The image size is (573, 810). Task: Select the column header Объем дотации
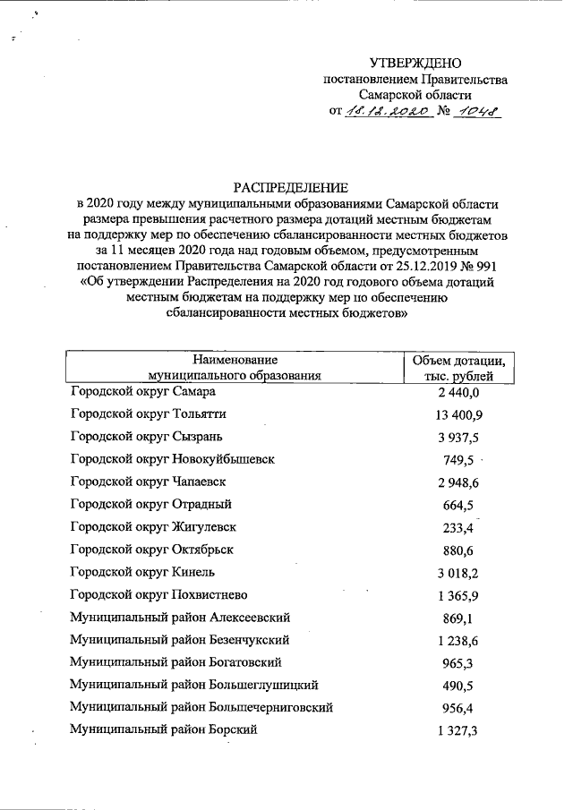(x=458, y=360)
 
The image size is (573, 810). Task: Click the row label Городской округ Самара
(x=141, y=391)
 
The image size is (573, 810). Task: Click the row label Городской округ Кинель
(x=142, y=572)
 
